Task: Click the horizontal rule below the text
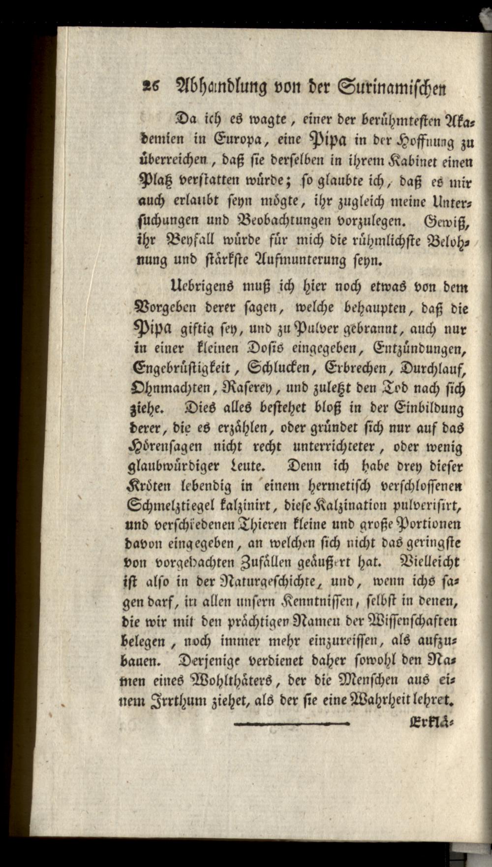(292, 723)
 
